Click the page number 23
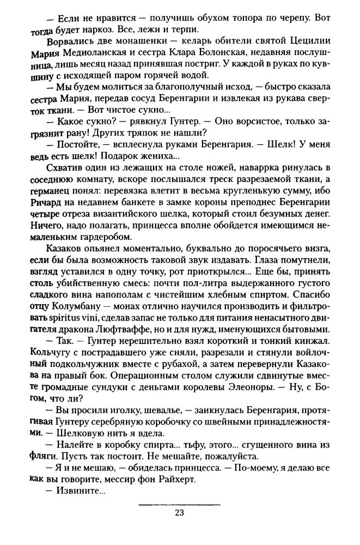click(x=180, y=512)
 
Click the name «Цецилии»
click(x=308, y=43)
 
